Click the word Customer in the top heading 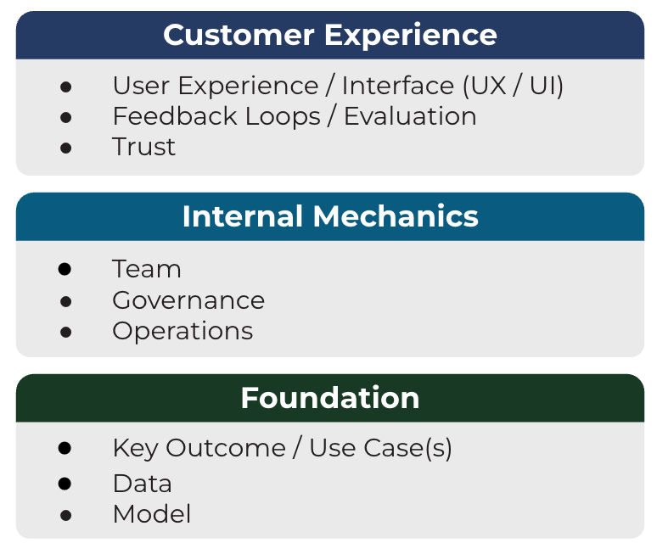[239, 35]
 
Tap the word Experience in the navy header [411, 36]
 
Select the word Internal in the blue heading [243, 216]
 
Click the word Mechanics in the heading [396, 216]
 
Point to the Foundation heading [330, 398]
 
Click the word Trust [143, 147]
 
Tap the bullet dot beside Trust [65, 148]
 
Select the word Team [146, 269]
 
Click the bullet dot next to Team [65, 269]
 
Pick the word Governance [188, 300]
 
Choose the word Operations [182, 332]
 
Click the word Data [143, 484]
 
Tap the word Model [152, 514]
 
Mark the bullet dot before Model [65, 515]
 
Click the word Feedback [175, 116]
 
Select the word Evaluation [410, 116]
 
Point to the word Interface [398, 86]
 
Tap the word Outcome [226, 448]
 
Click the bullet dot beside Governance [65, 301]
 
